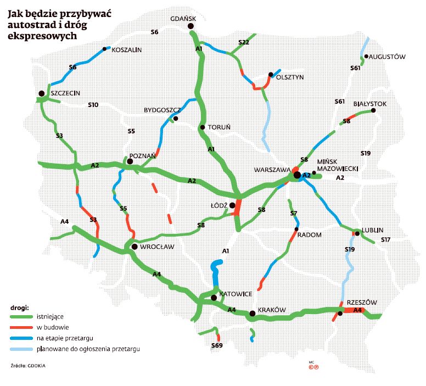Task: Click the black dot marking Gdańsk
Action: (x=191, y=26)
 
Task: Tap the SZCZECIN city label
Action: (x=65, y=93)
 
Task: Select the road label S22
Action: (x=244, y=42)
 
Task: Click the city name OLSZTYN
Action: (x=290, y=77)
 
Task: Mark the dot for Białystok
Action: (x=373, y=110)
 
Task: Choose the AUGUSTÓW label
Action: (x=387, y=57)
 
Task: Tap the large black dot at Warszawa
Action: (x=297, y=175)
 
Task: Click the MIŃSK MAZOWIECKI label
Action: (x=338, y=166)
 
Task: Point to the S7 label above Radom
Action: (x=293, y=213)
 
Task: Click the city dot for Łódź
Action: (x=232, y=205)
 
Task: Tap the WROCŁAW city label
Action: (x=157, y=247)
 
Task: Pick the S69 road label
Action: (x=217, y=345)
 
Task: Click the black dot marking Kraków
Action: (x=252, y=314)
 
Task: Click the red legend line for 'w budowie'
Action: (x=21, y=328)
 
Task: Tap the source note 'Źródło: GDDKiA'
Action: (x=27, y=365)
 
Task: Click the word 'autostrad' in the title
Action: (x=28, y=25)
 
